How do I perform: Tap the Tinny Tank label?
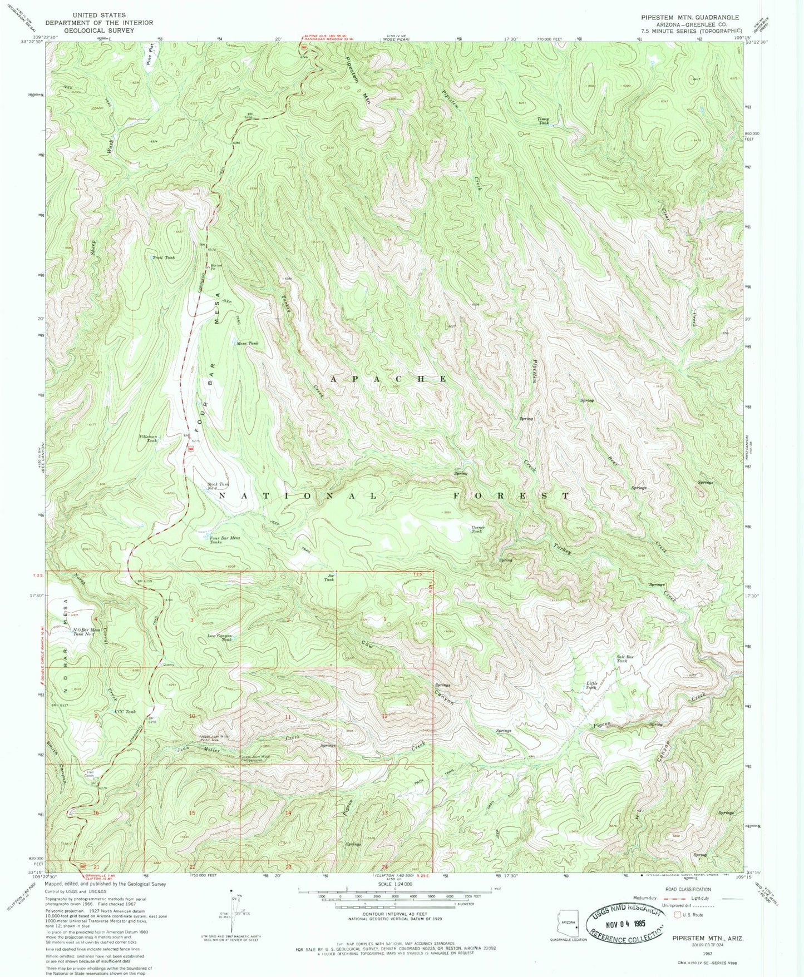(542, 121)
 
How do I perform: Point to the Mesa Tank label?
(247, 344)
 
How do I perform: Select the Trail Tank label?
(164, 257)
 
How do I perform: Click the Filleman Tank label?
(148, 438)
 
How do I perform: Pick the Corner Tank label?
(478, 529)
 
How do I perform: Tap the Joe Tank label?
(330, 577)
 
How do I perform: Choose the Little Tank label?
(591, 685)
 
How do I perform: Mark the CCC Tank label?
(125, 712)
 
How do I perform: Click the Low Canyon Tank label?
(219, 637)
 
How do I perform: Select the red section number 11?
(288, 717)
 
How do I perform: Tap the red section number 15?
(192, 813)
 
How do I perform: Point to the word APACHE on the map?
(389, 379)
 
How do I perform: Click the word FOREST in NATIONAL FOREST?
(511, 495)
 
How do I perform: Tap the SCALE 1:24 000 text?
(395, 899)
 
